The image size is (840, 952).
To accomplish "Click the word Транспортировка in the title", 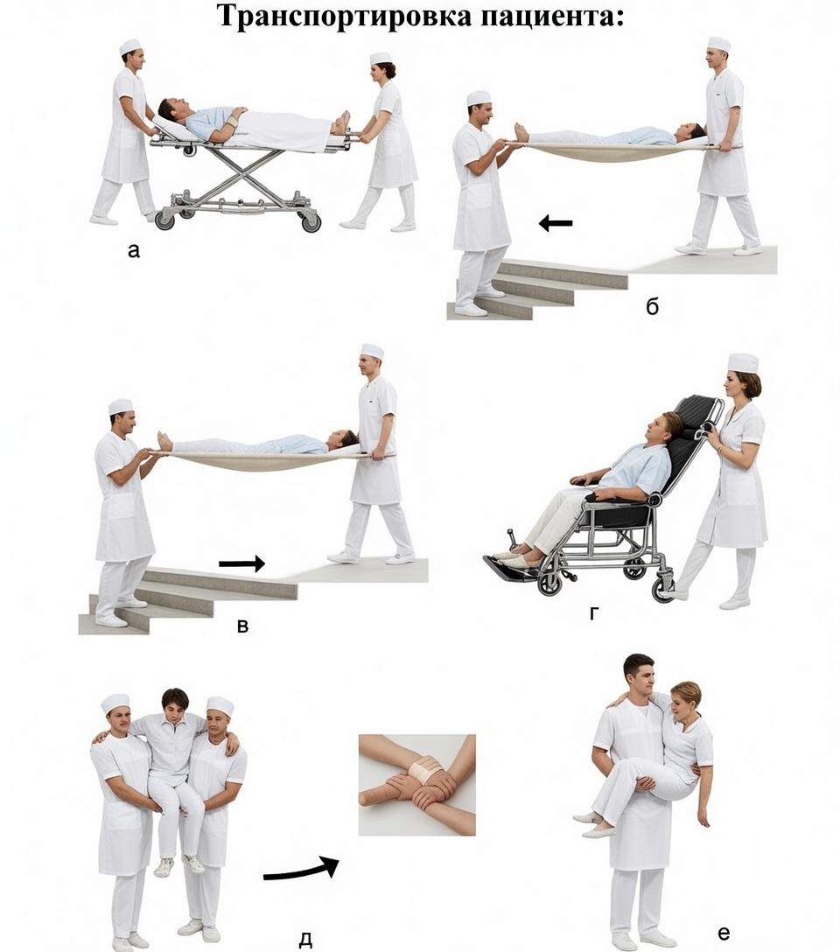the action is click(x=345, y=17).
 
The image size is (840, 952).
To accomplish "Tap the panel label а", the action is click(x=134, y=250).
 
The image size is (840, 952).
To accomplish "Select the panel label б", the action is click(x=652, y=306).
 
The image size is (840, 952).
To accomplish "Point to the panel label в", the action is click(x=242, y=626).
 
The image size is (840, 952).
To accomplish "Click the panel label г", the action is click(x=593, y=614).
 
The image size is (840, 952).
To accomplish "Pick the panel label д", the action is click(x=305, y=940).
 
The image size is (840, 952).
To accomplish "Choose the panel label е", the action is click(x=723, y=932).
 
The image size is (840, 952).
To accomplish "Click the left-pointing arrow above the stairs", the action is click(x=556, y=223).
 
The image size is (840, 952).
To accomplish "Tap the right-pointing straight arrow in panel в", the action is click(x=242, y=563).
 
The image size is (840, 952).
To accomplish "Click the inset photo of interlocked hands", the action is click(x=417, y=785).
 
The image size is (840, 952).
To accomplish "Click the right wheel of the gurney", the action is click(x=311, y=221).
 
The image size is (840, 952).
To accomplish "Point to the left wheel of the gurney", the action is click(x=164, y=220).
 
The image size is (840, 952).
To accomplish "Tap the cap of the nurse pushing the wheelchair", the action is click(x=744, y=363).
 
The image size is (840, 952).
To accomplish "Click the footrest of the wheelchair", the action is click(x=510, y=564).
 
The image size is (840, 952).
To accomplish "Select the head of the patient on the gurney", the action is click(x=171, y=111).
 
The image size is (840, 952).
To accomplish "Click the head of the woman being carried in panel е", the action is click(x=685, y=699).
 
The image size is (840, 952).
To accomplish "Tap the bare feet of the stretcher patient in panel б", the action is click(x=521, y=132).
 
